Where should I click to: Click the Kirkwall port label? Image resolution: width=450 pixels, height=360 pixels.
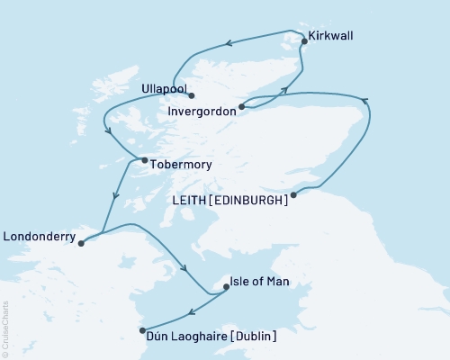pos(330,37)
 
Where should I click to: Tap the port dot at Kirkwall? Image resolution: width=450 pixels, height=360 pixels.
pos(305,41)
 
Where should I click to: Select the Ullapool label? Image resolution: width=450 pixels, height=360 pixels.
pos(164,89)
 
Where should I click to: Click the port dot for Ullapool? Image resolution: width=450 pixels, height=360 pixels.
pos(192,96)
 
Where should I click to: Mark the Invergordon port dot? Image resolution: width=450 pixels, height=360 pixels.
pos(241,108)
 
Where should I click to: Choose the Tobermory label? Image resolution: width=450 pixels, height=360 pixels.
pos(177,165)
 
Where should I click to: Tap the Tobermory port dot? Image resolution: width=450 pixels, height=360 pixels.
pos(144,161)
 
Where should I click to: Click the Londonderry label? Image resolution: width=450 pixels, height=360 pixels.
pos(39,238)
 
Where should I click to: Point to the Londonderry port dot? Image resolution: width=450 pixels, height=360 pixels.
pos(81,243)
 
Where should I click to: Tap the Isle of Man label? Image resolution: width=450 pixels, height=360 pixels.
pos(259,282)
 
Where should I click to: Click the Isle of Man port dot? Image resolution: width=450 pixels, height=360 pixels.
pos(226,288)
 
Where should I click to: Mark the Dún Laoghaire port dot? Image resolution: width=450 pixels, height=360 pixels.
pos(142,330)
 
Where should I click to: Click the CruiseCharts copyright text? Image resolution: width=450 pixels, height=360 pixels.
pos(5,328)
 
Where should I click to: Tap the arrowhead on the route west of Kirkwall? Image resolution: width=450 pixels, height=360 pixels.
pos(230,41)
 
